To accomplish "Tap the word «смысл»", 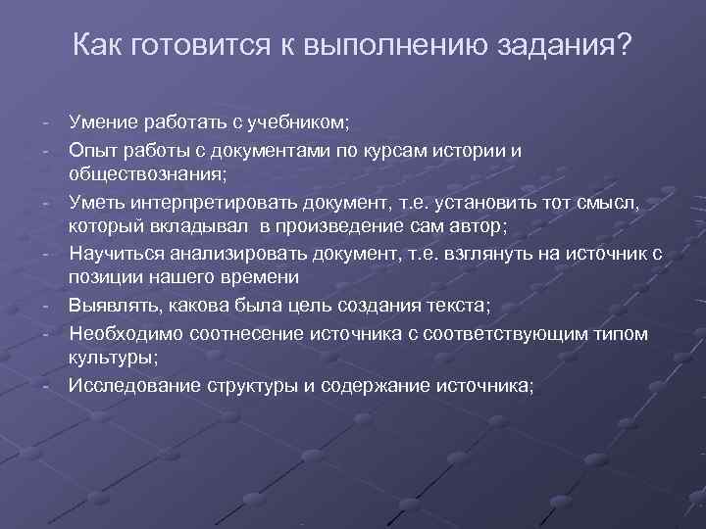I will point(611,202).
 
